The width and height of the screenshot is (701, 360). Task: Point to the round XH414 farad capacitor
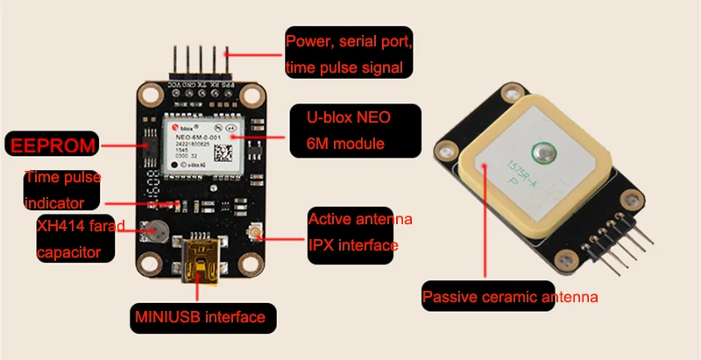coord(159,232)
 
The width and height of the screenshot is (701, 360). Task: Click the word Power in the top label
coord(308,40)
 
